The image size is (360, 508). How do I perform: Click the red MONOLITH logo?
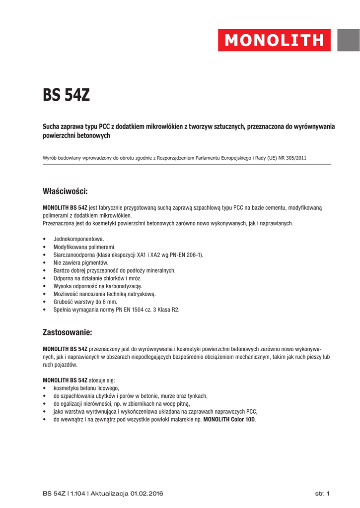tap(274, 40)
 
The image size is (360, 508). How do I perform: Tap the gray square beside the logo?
tap(349, 40)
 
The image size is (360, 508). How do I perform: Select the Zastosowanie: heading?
tap(67, 331)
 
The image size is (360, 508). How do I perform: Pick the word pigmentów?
tap(95, 262)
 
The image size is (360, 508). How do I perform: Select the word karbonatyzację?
tap(124, 286)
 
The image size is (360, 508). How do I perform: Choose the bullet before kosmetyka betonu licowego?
tap(45, 387)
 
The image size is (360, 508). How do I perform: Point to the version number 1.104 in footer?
tap(78, 494)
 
